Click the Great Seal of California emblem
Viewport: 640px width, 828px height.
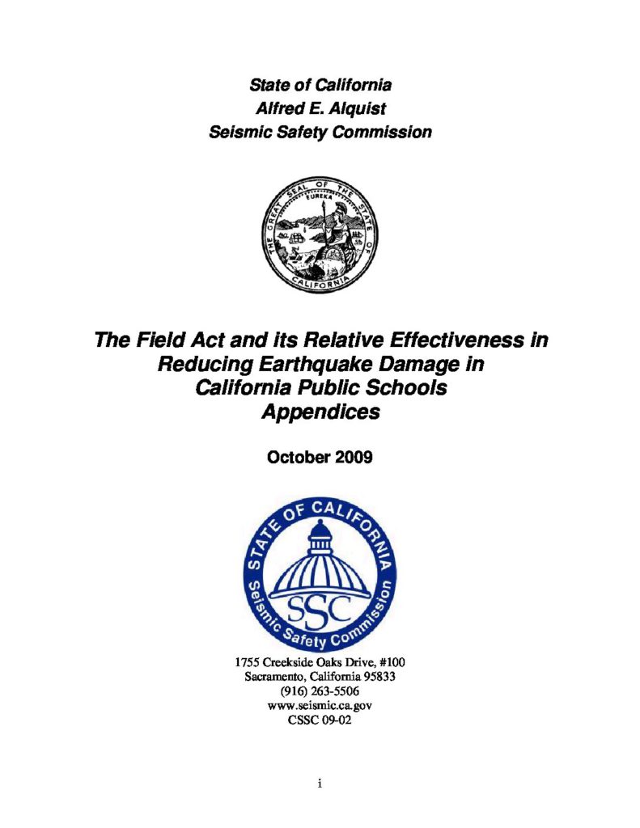320,234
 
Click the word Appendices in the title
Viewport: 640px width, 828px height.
320,412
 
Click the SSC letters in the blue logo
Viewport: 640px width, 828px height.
320,605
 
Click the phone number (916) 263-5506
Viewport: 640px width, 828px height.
320,691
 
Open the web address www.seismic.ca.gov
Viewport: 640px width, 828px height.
320,706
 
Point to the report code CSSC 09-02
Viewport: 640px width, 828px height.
320,720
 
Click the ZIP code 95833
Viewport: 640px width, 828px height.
377,677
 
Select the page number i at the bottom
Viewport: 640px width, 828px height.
320,784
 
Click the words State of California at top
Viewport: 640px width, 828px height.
320,84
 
